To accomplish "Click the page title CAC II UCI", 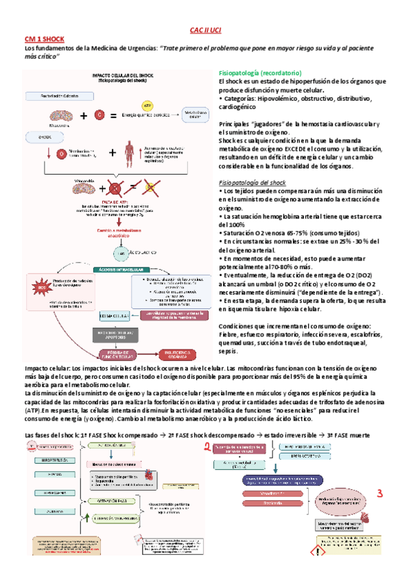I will click(205, 31).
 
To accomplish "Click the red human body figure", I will click(130, 150).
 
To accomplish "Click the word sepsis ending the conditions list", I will click(228, 351).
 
